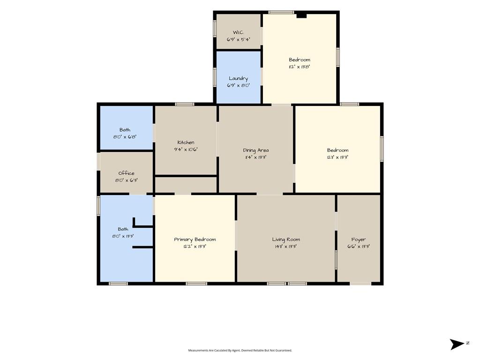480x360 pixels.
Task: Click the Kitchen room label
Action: click(186, 142)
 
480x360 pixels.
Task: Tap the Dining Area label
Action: click(256, 150)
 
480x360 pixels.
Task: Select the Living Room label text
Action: click(286, 240)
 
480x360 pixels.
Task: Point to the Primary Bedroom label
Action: click(195, 240)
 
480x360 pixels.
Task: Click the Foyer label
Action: click(359, 240)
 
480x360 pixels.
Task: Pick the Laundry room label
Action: click(238, 78)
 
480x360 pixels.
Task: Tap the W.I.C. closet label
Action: click(238, 32)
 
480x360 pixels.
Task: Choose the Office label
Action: click(127, 173)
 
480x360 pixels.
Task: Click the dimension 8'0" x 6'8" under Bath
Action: click(125, 137)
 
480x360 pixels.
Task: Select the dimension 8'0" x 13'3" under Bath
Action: click(123, 236)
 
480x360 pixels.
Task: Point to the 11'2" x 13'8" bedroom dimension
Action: click(300, 67)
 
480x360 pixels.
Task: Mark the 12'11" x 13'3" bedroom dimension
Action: click(337, 157)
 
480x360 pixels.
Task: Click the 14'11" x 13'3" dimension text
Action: click(286, 247)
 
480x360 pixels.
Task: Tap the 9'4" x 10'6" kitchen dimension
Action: click(186, 150)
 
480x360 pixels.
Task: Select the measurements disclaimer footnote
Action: click(240, 351)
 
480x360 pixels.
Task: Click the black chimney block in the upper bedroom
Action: click(301, 15)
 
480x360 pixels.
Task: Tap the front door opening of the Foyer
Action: click(360, 284)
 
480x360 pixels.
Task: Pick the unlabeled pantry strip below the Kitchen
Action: click(186, 185)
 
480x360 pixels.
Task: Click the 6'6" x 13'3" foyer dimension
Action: click(359, 247)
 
